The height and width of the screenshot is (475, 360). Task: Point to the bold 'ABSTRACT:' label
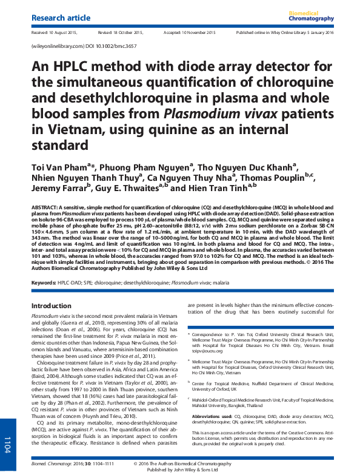46,207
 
